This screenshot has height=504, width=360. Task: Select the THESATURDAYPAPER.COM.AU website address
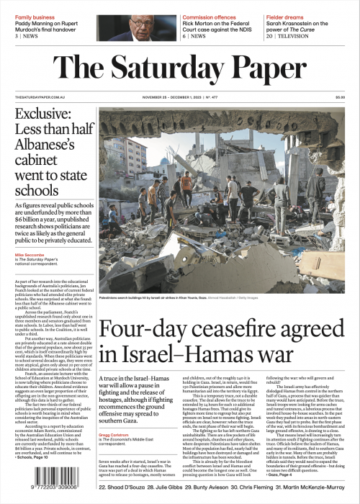tap(36, 97)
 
